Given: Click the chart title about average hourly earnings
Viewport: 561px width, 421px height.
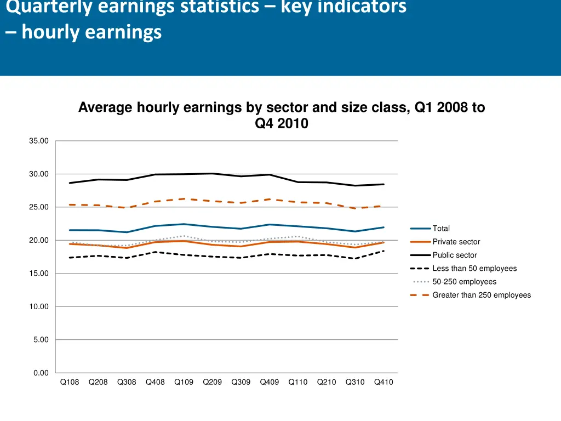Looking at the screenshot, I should tap(282, 115).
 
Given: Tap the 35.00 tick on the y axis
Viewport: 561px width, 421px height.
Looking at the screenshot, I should tap(39, 141).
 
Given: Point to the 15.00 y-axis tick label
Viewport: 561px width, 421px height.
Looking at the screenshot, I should tap(39, 274).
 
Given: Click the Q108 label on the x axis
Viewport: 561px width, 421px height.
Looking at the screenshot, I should tap(70, 383).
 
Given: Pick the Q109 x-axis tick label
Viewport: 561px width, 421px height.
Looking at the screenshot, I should tap(184, 383).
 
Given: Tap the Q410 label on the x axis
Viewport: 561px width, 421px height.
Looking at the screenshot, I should tap(383, 383).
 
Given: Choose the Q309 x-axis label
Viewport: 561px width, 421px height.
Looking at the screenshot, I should tap(241, 383).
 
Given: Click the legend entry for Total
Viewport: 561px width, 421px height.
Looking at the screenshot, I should tap(441, 229).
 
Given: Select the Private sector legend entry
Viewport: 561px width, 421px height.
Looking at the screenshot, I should tap(456, 242).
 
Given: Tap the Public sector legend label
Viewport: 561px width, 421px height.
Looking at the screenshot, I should tap(455, 255).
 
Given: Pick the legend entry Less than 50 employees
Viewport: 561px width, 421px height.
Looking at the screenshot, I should tap(474, 269).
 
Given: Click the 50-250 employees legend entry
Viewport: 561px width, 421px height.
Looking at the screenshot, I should tap(464, 282).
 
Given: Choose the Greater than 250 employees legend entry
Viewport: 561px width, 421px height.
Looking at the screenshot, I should tap(482, 295).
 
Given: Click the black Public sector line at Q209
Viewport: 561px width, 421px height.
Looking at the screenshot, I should tap(213, 174).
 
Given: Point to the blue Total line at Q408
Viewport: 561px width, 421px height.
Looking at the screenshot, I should tap(155, 226).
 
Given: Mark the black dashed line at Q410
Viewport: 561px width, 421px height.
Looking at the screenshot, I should tap(383, 251).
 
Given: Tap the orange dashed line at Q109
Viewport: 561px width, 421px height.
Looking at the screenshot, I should tap(184, 199).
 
